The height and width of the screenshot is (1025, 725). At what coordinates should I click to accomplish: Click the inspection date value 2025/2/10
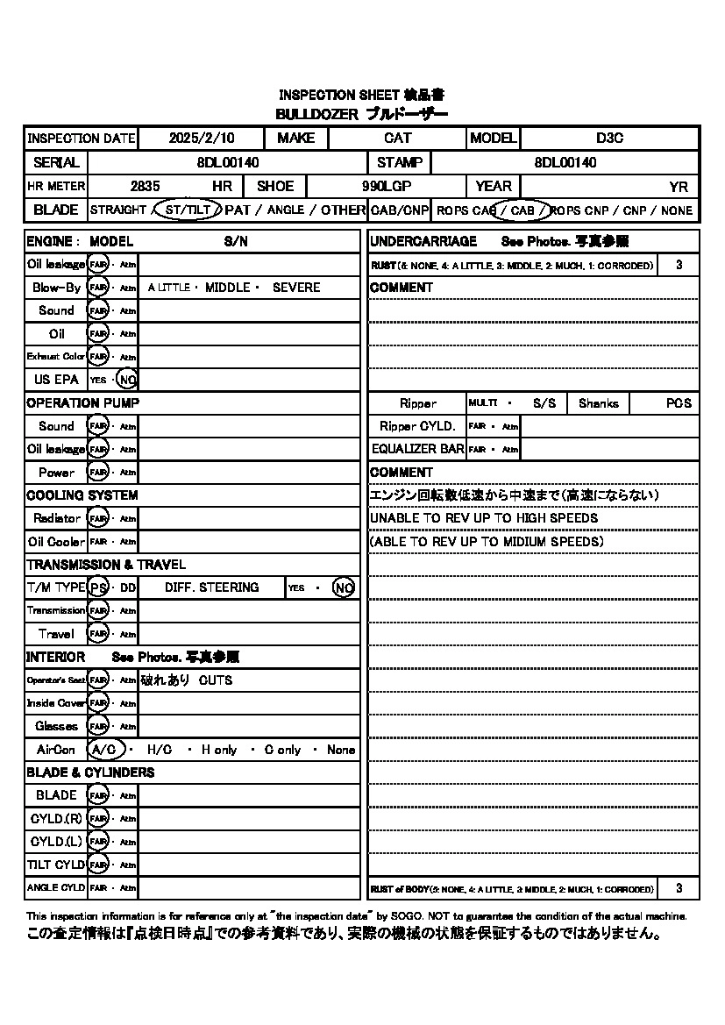click(x=198, y=139)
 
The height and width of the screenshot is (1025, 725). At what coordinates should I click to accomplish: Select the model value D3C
click(x=609, y=139)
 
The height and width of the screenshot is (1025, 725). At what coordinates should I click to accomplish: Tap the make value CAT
click(x=397, y=139)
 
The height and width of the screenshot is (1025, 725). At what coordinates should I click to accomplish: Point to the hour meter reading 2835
click(x=145, y=186)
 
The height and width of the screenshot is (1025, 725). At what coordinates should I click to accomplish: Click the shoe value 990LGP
click(x=387, y=186)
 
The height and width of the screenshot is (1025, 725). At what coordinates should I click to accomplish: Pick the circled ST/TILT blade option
click(x=188, y=210)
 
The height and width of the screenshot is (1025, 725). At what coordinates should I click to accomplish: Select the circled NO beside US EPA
click(x=127, y=380)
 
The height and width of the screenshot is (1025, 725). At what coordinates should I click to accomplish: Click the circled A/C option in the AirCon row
click(x=103, y=750)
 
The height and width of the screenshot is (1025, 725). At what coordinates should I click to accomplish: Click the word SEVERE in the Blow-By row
click(x=296, y=288)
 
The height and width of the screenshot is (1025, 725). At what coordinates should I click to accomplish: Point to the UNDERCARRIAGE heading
click(x=423, y=241)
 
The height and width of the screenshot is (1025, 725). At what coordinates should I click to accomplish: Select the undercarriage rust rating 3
click(x=679, y=265)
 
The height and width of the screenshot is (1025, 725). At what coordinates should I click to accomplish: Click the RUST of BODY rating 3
click(x=679, y=888)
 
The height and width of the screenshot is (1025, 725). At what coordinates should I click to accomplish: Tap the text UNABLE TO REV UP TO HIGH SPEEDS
click(x=484, y=518)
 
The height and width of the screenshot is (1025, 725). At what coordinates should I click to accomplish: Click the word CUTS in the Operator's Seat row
click(x=216, y=680)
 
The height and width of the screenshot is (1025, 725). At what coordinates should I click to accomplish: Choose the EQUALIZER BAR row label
click(x=417, y=449)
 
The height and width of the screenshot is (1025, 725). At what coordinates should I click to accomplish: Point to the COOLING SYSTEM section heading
click(x=82, y=495)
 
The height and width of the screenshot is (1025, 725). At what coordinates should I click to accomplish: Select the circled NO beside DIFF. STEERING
click(x=344, y=587)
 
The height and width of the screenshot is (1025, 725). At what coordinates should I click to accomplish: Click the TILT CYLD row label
click(x=56, y=865)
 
